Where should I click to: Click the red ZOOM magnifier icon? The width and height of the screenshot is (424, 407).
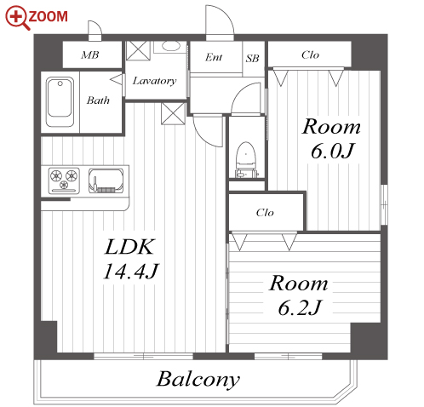[17, 18]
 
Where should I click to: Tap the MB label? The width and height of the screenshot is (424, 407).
[90, 54]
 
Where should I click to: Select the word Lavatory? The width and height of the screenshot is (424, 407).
[155, 81]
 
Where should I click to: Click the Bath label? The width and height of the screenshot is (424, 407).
[98, 100]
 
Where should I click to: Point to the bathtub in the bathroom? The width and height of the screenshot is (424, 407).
[60, 101]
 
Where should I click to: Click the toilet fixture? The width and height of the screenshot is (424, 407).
[246, 160]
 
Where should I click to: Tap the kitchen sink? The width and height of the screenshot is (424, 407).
[106, 181]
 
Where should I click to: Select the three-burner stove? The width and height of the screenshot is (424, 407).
[64, 181]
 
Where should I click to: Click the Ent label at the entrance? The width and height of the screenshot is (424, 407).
[214, 57]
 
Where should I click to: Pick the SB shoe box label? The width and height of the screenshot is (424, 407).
[252, 59]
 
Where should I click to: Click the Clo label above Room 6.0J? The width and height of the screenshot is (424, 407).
[310, 54]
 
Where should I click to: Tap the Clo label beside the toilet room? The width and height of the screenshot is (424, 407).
[265, 212]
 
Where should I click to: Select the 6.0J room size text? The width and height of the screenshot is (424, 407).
[332, 151]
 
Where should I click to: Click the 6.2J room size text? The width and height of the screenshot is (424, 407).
[300, 307]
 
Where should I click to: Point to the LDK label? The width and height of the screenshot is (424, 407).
[130, 247]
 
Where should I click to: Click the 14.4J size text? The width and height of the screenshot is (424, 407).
[130, 271]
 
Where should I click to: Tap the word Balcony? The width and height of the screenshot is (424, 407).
[198, 379]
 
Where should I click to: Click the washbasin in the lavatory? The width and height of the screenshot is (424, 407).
[171, 46]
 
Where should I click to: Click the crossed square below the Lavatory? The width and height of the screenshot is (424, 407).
[173, 113]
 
